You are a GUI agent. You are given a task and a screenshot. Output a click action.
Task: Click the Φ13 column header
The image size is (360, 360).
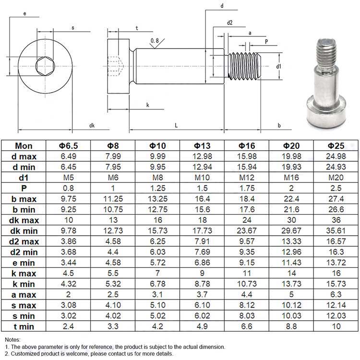[202, 145]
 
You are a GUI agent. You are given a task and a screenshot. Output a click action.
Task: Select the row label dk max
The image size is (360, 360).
[24, 220]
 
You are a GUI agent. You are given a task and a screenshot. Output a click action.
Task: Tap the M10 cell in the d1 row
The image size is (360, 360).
[202, 177]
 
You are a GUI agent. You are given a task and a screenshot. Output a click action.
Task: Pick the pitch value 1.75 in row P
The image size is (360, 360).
[246, 188]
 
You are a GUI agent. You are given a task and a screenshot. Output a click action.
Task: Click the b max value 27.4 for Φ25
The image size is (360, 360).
[336, 199]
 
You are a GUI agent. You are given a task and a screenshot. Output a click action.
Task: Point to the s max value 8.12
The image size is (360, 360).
[246, 305]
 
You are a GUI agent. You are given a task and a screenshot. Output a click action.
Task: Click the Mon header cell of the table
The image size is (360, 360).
[24, 145]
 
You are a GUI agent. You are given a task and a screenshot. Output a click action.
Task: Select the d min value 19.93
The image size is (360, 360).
[291, 167]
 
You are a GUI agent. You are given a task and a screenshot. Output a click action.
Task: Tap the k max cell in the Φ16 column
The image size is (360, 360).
[246, 273]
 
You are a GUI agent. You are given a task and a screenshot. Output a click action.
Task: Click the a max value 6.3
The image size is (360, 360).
[336, 294]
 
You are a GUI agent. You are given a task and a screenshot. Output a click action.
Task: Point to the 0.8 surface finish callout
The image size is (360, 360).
[155, 41]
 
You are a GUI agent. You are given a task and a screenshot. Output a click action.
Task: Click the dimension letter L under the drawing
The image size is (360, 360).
[176, 125]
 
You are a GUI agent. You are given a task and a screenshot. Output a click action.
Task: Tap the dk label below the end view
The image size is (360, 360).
[92, 125]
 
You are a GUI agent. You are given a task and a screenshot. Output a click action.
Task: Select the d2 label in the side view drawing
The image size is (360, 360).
[229, 23]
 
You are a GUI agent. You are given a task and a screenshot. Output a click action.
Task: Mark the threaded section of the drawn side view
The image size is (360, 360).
[244, 66]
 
